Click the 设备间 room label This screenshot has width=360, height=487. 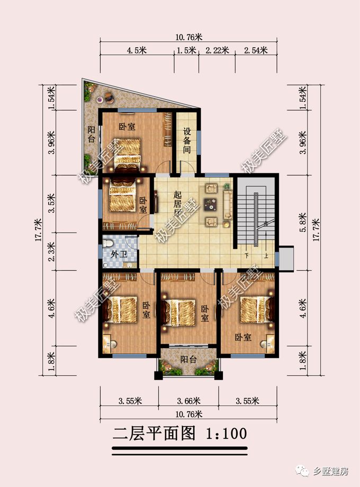tap(186, 141)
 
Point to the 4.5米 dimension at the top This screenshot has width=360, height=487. tap(137, 51)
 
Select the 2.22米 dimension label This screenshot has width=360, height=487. tap(217, 51)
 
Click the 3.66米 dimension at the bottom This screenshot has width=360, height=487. tap(188, 400)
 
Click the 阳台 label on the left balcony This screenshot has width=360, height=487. tap(91, 135)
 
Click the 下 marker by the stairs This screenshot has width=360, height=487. tap(247, 256)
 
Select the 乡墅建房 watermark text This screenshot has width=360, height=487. tap(331, 470)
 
